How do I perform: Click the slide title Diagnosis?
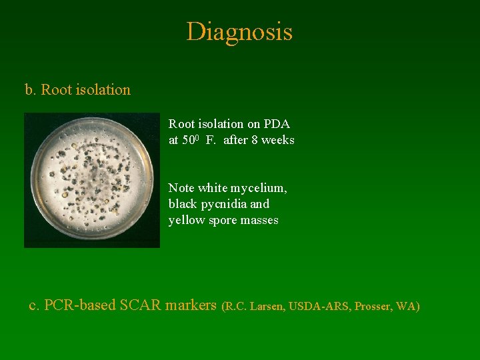point(239,31)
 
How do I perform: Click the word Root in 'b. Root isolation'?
point(56,89)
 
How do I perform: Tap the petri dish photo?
point(92,180)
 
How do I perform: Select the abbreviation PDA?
point(277,124)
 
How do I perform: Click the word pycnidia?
point(225,204)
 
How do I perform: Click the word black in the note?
point(183,204)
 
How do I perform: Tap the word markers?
point(191,305)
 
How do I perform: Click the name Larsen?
point(266,307)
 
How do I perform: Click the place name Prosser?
point(374,307)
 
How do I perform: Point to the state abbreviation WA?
point(406,307)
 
